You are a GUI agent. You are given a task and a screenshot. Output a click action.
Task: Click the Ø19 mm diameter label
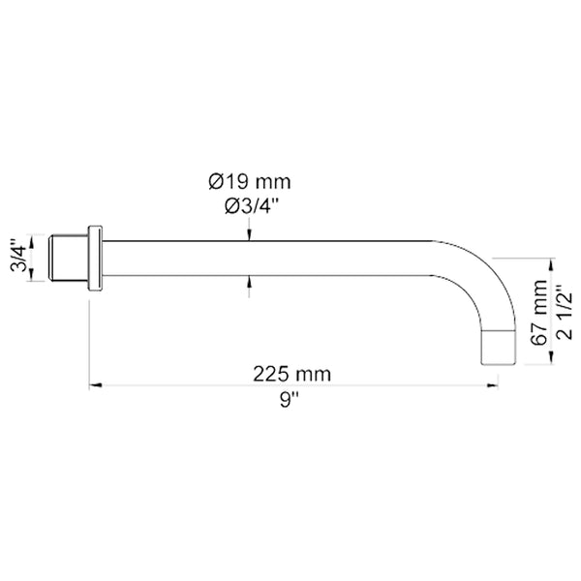pos(249,181)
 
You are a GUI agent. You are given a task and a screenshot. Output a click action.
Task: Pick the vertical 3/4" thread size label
pos(16,257)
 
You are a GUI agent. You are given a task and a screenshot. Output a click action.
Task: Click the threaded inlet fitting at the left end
pos(68,257)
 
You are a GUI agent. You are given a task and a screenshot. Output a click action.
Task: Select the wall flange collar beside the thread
pos(95,258)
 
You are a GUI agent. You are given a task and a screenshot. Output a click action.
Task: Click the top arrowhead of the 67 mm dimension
pos(552,263)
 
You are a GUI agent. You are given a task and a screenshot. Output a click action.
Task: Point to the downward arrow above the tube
pos(249,231)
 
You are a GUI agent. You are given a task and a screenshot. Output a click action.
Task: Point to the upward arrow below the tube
pos(249,282)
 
